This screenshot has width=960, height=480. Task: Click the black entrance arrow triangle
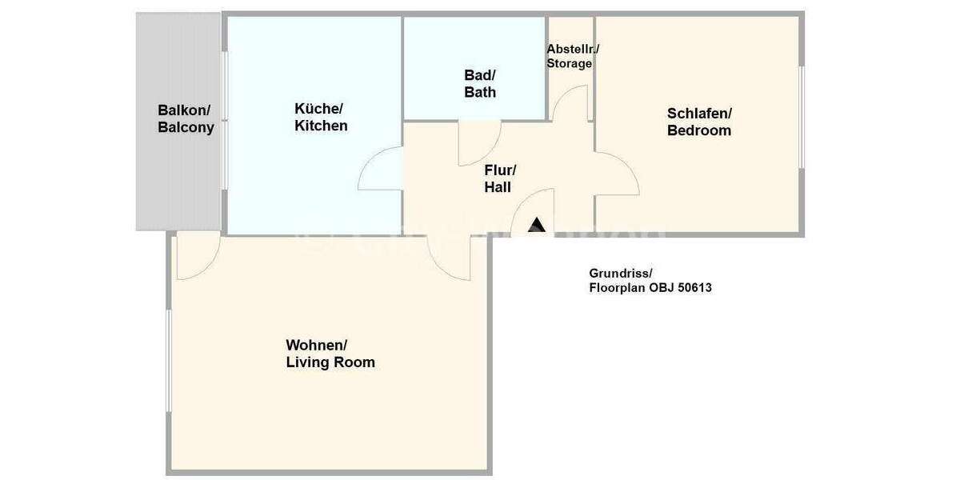[x=537, y=225]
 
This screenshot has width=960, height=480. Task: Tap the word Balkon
[x=183, y=110]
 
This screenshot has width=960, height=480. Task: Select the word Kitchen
[x=321, y=126]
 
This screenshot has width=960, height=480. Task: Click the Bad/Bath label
[x=480, y=83]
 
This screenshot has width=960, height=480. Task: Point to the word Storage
[x=569, y=64]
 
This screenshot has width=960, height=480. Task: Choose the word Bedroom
[x=699, y=130]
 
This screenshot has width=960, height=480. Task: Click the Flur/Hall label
[x=499, y=178]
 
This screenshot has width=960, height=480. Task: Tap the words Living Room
[x=330, y=362]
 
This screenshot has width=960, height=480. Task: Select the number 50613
[x=694, y=287]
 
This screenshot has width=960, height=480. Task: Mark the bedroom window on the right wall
[x=802, y=117]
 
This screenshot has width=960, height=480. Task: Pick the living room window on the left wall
[x=169, y=361]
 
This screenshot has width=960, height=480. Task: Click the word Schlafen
[x=699, y=114]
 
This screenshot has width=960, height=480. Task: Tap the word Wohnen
[x=316, y=345]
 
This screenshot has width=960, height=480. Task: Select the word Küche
[x=318, y=109]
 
